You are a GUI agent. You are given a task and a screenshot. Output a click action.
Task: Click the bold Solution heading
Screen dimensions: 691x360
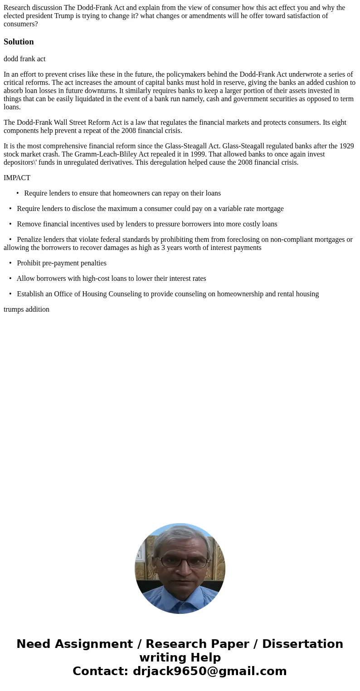(19, 42)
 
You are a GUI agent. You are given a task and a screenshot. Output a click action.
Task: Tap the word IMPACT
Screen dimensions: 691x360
(17, 178)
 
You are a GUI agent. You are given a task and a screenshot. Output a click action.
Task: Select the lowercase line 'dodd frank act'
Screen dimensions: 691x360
(24, 59)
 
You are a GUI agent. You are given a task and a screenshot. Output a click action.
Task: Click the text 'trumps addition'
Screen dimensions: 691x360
(26, 309)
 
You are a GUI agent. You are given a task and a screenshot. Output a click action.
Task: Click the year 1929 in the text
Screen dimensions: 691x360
(346, 146)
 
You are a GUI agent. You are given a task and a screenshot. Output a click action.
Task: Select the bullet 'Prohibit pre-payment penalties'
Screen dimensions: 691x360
(62, 263)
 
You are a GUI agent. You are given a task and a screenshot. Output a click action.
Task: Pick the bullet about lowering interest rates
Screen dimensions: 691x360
(111, 279)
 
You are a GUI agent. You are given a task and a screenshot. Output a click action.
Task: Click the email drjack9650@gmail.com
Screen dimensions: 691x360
(209, 671)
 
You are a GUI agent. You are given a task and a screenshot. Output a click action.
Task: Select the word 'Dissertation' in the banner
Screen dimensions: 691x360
(302, 644)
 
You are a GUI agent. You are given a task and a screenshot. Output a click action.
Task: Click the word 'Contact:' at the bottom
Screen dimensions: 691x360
(100, 671)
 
